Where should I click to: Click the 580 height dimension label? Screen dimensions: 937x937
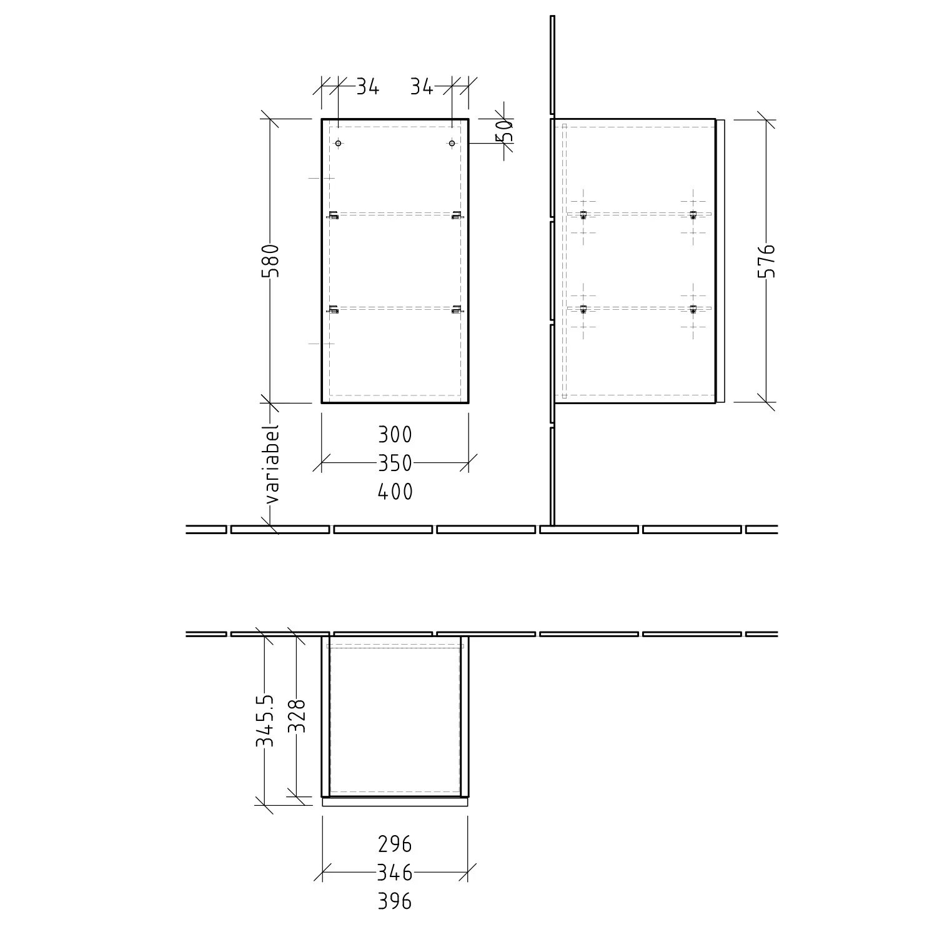[x=270, y=260]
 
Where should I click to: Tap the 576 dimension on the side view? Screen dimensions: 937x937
[x=766, y=260]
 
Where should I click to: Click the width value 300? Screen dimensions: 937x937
[x=395, y=434]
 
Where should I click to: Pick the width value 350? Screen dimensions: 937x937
[x=395, y=463]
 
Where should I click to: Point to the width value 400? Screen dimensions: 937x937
[x=395, y=492]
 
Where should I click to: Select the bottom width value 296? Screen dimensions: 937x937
[x=395, y=844]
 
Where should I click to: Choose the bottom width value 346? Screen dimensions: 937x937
[x=395, y=871]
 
